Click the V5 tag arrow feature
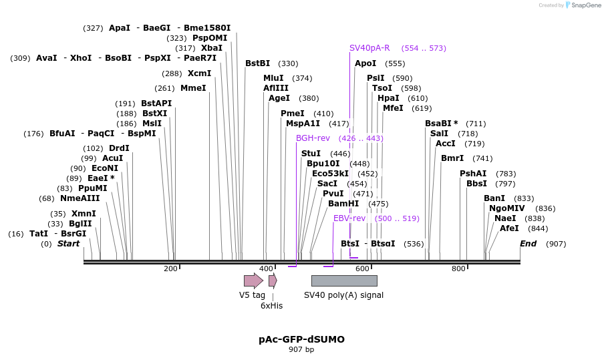[x=253, y=281]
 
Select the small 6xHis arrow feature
[x=273, y=281]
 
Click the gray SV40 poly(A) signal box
[x=344, y=281]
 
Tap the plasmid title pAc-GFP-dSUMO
[x=301, y=339]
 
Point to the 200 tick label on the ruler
[x=170, y=268]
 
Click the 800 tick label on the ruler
[x=458, y=268]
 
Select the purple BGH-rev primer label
[x=313, y=138]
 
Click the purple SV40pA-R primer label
[x=369, y=48]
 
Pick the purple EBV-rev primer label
[x=349, y=218]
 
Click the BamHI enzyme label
[x=343, y=204]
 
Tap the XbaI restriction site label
[x=212, y=48]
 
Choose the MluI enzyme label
[x=273, y=78]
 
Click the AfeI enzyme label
[x=509, y=228]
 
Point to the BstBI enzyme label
[x=257, y=63]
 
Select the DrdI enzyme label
[x=119, y=148]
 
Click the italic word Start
[x=68, y=244]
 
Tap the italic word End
[x=528, y=244]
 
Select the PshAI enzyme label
[x=473, y=174]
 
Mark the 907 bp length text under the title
[x=301, y=349]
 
